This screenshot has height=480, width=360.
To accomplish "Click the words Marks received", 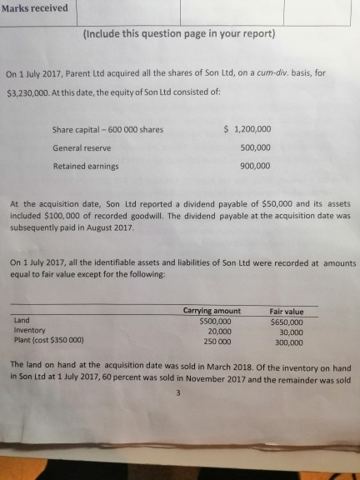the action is [x=34, y=10].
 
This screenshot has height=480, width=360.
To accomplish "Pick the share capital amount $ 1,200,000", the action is [x=248, y=129].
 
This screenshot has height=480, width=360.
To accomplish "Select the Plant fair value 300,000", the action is [x=288, y=342].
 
